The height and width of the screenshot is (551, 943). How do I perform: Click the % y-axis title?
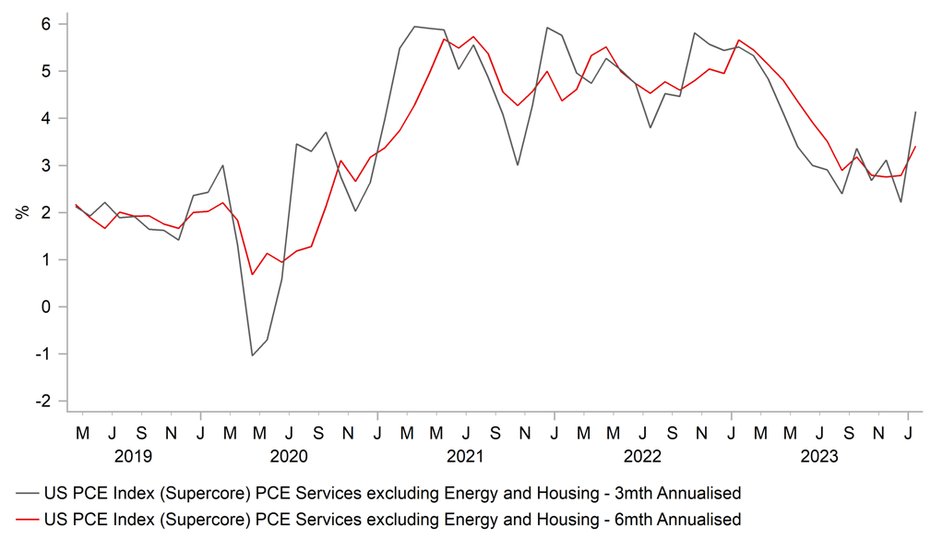[21, 212]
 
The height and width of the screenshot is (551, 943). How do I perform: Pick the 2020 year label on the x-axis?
[289, 456]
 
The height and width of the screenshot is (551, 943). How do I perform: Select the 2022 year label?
[642, 456]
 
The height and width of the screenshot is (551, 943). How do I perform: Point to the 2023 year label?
[818, 456]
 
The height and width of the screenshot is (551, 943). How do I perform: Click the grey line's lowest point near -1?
[253, 355]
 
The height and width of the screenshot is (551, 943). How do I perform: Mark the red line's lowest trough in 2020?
[253, 274]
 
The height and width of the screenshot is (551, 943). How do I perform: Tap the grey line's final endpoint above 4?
[914, 112]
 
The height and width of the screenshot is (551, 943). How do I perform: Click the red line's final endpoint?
[914, 147]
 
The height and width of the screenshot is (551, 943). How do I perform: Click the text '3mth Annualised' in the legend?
[678, 493]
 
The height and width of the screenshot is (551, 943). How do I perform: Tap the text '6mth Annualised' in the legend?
[678, 520]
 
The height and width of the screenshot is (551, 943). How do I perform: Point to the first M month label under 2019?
[82, 431]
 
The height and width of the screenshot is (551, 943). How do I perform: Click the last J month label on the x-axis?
[908, 431]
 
